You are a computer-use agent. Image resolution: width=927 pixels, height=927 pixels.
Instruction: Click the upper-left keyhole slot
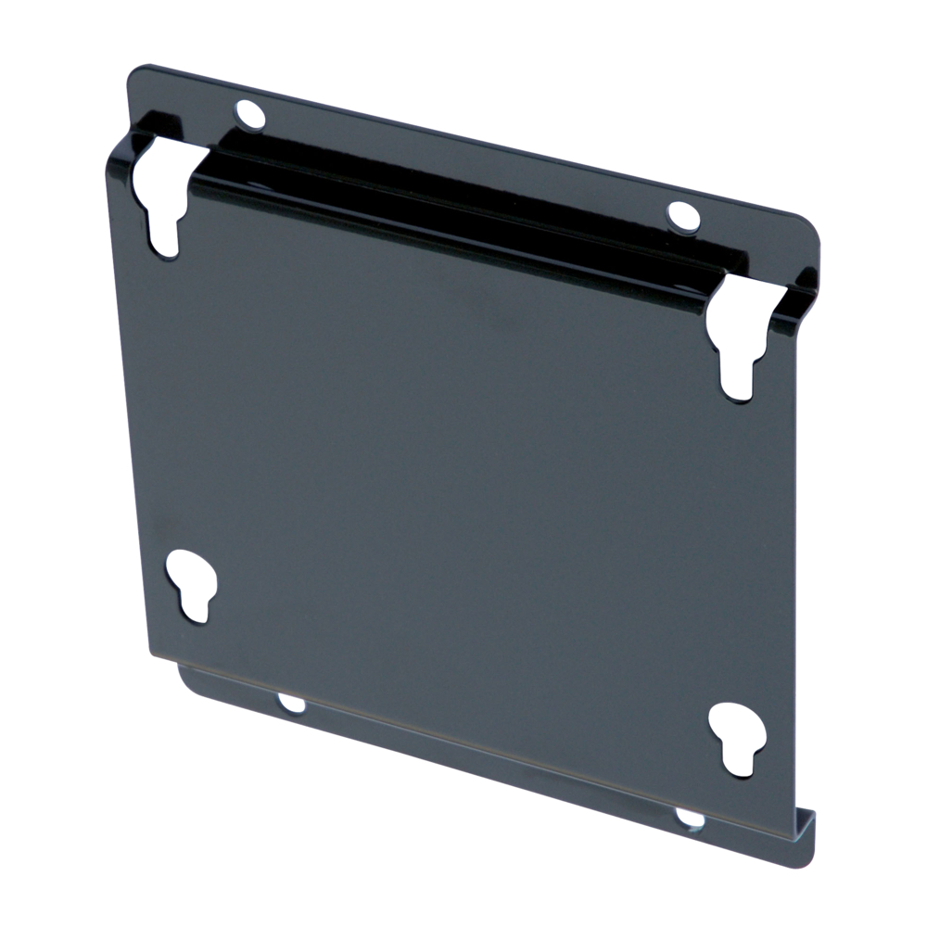[x=159, y=202]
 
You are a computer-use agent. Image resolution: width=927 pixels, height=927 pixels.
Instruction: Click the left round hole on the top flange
[x=250, y=115]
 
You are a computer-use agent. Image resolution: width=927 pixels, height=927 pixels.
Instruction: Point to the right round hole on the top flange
[x=683, y=215]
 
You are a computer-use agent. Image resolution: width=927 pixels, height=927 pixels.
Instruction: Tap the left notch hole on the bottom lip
[x=292, y=704]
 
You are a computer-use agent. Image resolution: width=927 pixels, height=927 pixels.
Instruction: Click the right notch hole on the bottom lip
[x=690, y=818]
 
